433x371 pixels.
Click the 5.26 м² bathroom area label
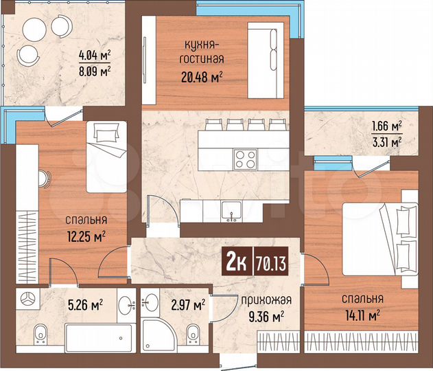click(x=85, y=303)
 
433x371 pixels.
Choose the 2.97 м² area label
click(x=188, y=304)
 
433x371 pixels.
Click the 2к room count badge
click(x=234, y=262)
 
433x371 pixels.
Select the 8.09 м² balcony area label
click(x=94, y=70)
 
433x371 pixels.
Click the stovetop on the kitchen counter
click(x=245, y=159)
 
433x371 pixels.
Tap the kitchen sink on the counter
click(x=232, y=210)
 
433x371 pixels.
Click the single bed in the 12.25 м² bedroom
click(x=104, y=155)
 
